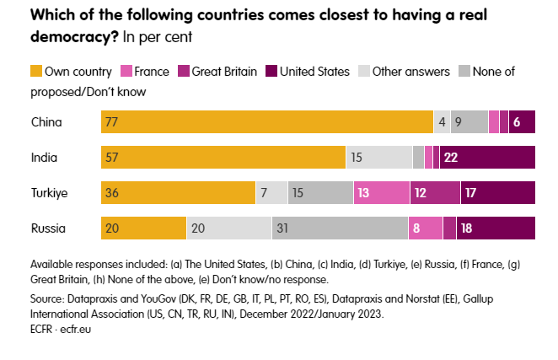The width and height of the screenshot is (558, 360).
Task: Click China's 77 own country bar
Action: coord(267,122)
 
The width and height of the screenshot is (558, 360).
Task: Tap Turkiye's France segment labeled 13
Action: coord(381,193)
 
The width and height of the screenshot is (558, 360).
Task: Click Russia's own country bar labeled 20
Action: coord(143,228)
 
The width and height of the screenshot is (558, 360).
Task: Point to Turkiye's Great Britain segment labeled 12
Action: coord(435,193)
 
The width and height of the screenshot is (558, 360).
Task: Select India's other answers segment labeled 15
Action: coord(378,158)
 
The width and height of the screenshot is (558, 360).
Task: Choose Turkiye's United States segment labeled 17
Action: coord(497,193)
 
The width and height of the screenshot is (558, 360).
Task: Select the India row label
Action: coord(44,158)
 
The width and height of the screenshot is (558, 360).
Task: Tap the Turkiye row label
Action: coord(49,193)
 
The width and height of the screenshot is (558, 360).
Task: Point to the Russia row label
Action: coord(47,228)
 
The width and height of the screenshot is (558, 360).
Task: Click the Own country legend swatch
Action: coord(36,72)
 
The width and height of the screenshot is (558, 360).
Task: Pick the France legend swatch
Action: coord(128,72)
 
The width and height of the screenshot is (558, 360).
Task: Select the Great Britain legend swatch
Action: coord(183,72)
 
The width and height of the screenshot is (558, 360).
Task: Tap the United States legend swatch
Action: coord(271,72)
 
